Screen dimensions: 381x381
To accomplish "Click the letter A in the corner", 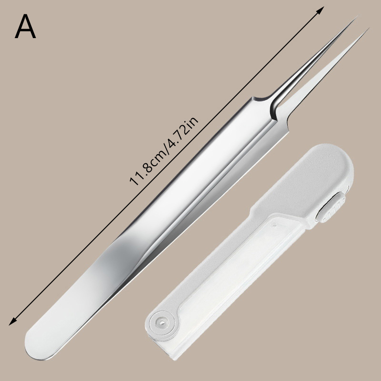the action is [25, 26].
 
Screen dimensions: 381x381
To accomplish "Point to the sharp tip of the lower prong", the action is [368, 29].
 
